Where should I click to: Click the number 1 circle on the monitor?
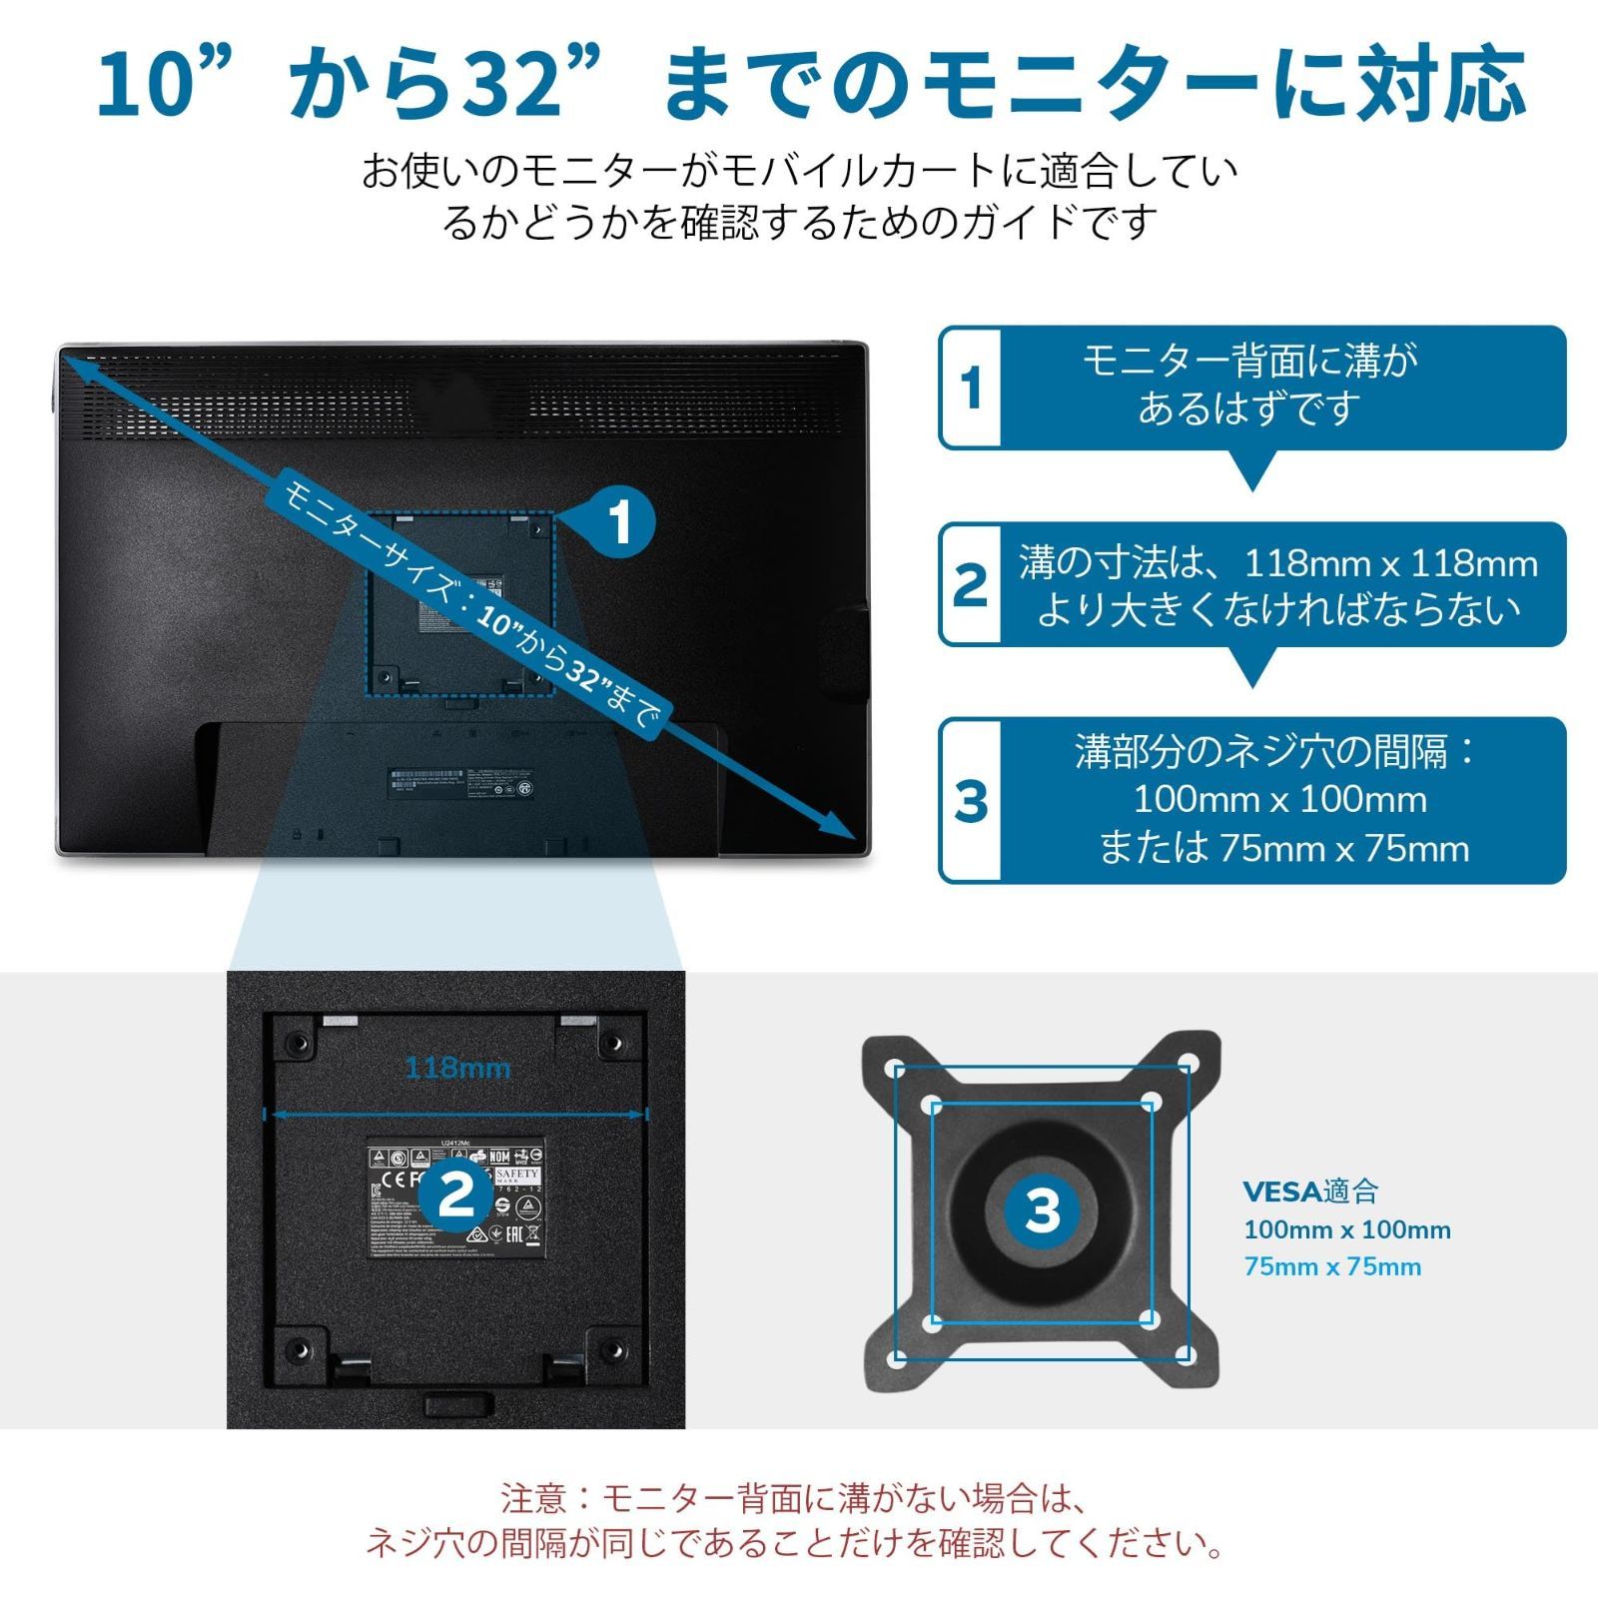click(x=620, y=522)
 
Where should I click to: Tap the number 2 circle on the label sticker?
click(x=456, y=1194)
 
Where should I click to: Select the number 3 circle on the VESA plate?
click(x=1042, y=1209)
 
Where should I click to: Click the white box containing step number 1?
click(x=971, y=388)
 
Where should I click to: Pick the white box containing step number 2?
click(x=971, y=584)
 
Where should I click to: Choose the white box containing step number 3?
click(x=971, y=800)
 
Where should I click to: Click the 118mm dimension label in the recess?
click(x=457, y=1069)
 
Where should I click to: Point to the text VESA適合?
click(x=1310, y=1191)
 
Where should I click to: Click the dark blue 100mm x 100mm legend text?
click(x=1346, y=1229)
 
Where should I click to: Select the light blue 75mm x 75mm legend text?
click(x=1332, y=1266)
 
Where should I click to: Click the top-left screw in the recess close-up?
click(x=297, y=1043)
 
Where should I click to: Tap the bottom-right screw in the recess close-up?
click(x=614, y=1349)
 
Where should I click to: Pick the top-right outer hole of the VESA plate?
click(x=1188, y=1063)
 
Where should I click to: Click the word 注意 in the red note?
click(x=533, y=1498)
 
